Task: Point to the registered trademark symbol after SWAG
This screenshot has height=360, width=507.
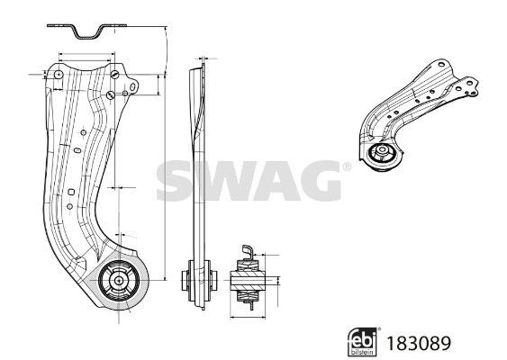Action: [x=345, y=166]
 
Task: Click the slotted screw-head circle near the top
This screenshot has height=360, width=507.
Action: [x=108, y=96]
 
